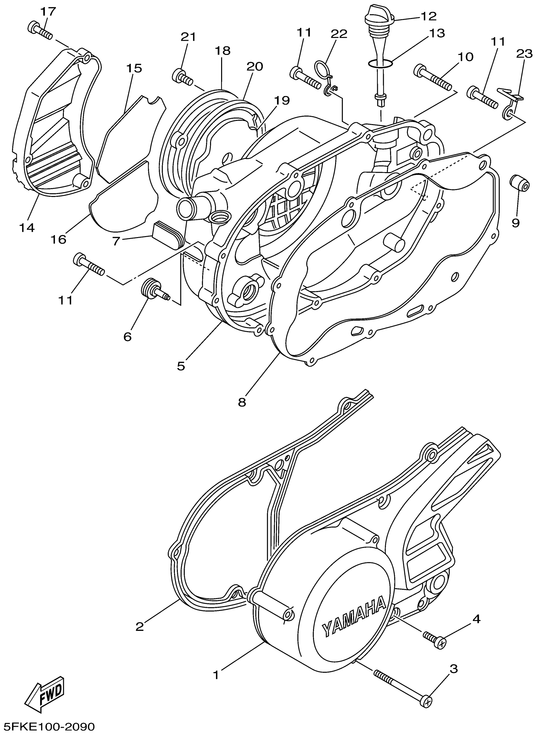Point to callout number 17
tap(48, 12)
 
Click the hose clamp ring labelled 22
tap(323, 69)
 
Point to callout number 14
tap(27, 228)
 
